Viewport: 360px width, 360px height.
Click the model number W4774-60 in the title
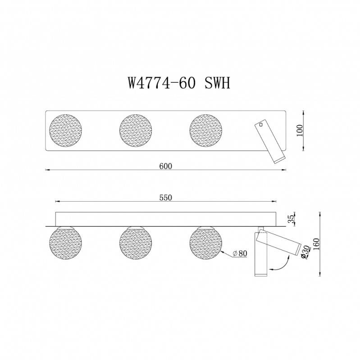[x=161, y=83]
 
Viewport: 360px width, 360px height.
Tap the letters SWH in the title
[x=217, y=83]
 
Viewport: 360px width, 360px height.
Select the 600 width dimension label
[x=166, y=166]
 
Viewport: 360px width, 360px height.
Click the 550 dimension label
[x=166, y=197]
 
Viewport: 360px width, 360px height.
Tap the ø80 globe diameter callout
[x=240, y=254]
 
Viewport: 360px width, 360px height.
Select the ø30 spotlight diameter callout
[x=305, y=253]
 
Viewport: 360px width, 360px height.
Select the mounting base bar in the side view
[x=166, y=218]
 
